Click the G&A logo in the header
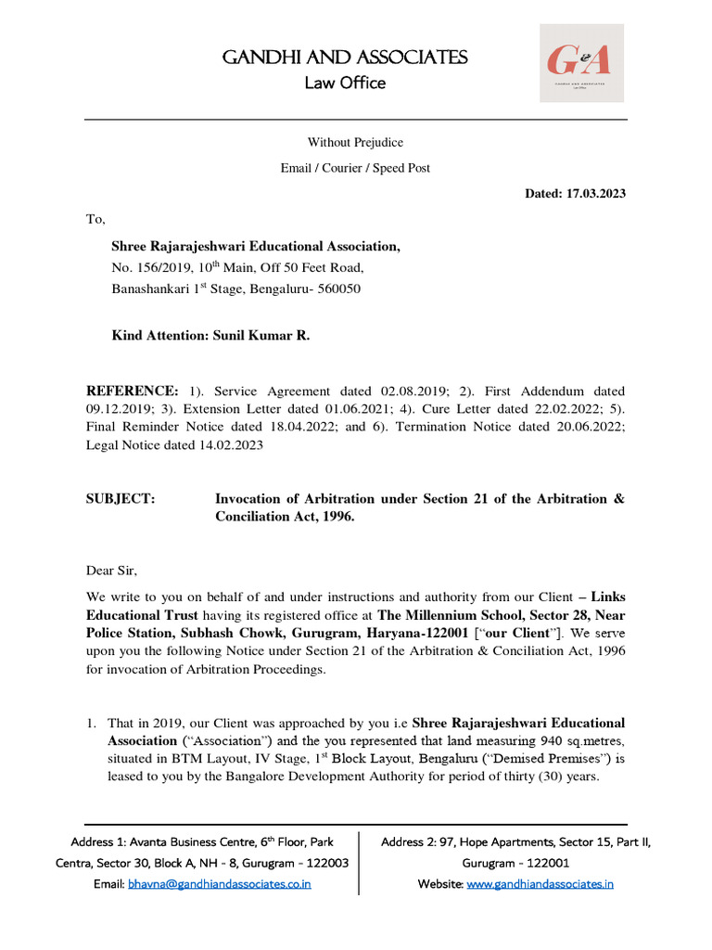581,62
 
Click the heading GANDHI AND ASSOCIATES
345,58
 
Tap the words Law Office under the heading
345,83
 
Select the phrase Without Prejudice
355,142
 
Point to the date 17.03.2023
597,193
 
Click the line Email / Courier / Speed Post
355,168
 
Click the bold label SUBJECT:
121,499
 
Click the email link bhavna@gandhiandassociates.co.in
219,884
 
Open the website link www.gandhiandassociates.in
540,884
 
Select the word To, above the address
96,219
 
